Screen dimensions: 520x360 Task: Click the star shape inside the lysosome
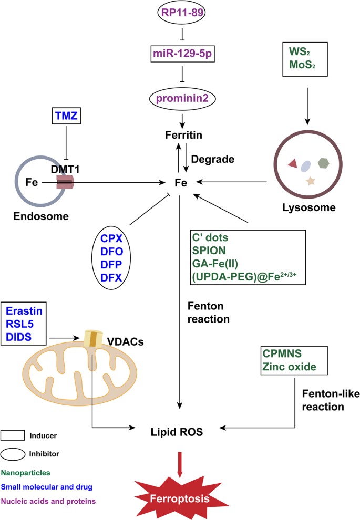coord(310,182)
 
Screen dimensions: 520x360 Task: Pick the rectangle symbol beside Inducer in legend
coord(14,435)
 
